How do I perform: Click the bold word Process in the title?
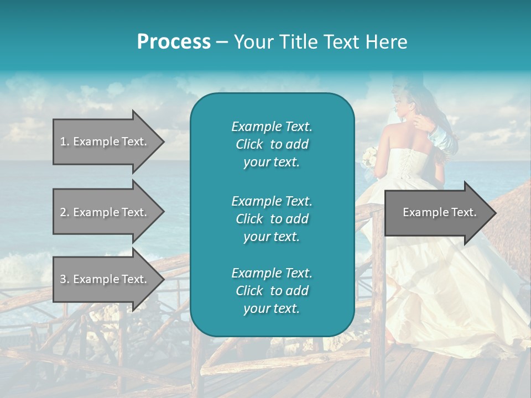(174, 41)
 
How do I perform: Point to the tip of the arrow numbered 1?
(163, 142)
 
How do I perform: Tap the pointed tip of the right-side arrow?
(495, 212)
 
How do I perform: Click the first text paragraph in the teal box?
(272, 144)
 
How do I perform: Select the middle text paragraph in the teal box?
(272, 218)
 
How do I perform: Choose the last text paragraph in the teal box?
(272, 291)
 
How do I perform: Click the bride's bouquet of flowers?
(369, 158)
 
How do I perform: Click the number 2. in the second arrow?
(65, 212)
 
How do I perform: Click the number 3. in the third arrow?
(65, 279)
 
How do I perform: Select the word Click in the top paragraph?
(249, 144)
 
